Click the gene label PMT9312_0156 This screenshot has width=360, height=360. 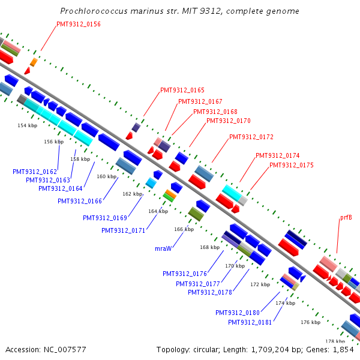[x=79, y=24]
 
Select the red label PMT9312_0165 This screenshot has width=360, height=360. [x=182, y=90]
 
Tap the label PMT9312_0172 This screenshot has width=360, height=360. [x=251, y=137]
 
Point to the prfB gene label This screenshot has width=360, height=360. [x=346, y=217]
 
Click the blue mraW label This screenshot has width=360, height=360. [x=163, y=248]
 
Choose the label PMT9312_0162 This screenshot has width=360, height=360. [x=35, y=172]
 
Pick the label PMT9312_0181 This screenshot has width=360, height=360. [x=250, y=322]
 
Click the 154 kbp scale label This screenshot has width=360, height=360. [x=28, y=125]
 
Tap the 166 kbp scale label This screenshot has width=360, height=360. [x=184, y=229]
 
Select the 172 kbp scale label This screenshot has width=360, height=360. [x=260, y=284]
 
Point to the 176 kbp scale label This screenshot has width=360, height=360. [x=311, y=322]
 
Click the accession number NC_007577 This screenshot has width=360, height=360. [x=65, y=349]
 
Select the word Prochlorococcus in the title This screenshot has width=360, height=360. [x=94, y=11]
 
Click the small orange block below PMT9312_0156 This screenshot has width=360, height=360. [x=34, y=62]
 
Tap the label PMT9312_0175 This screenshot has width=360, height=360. [x=292, y=165]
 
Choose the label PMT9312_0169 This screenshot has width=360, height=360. [x=105, y=218]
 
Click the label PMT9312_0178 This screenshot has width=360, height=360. [x=210, y=292]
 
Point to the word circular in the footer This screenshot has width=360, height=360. [x=206, y=349]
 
